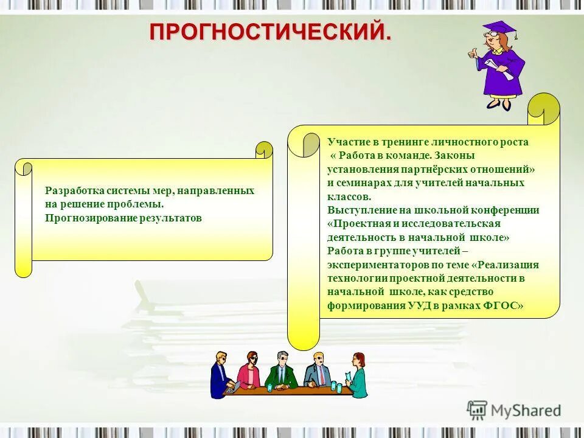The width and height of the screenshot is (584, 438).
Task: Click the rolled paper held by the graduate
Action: tap(500, 68)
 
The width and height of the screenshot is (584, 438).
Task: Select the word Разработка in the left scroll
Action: tap(69, 191)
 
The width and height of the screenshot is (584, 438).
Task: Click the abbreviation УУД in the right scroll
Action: tap(420, 306)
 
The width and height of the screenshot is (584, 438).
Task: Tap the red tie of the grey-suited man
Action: tap(321, 375)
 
